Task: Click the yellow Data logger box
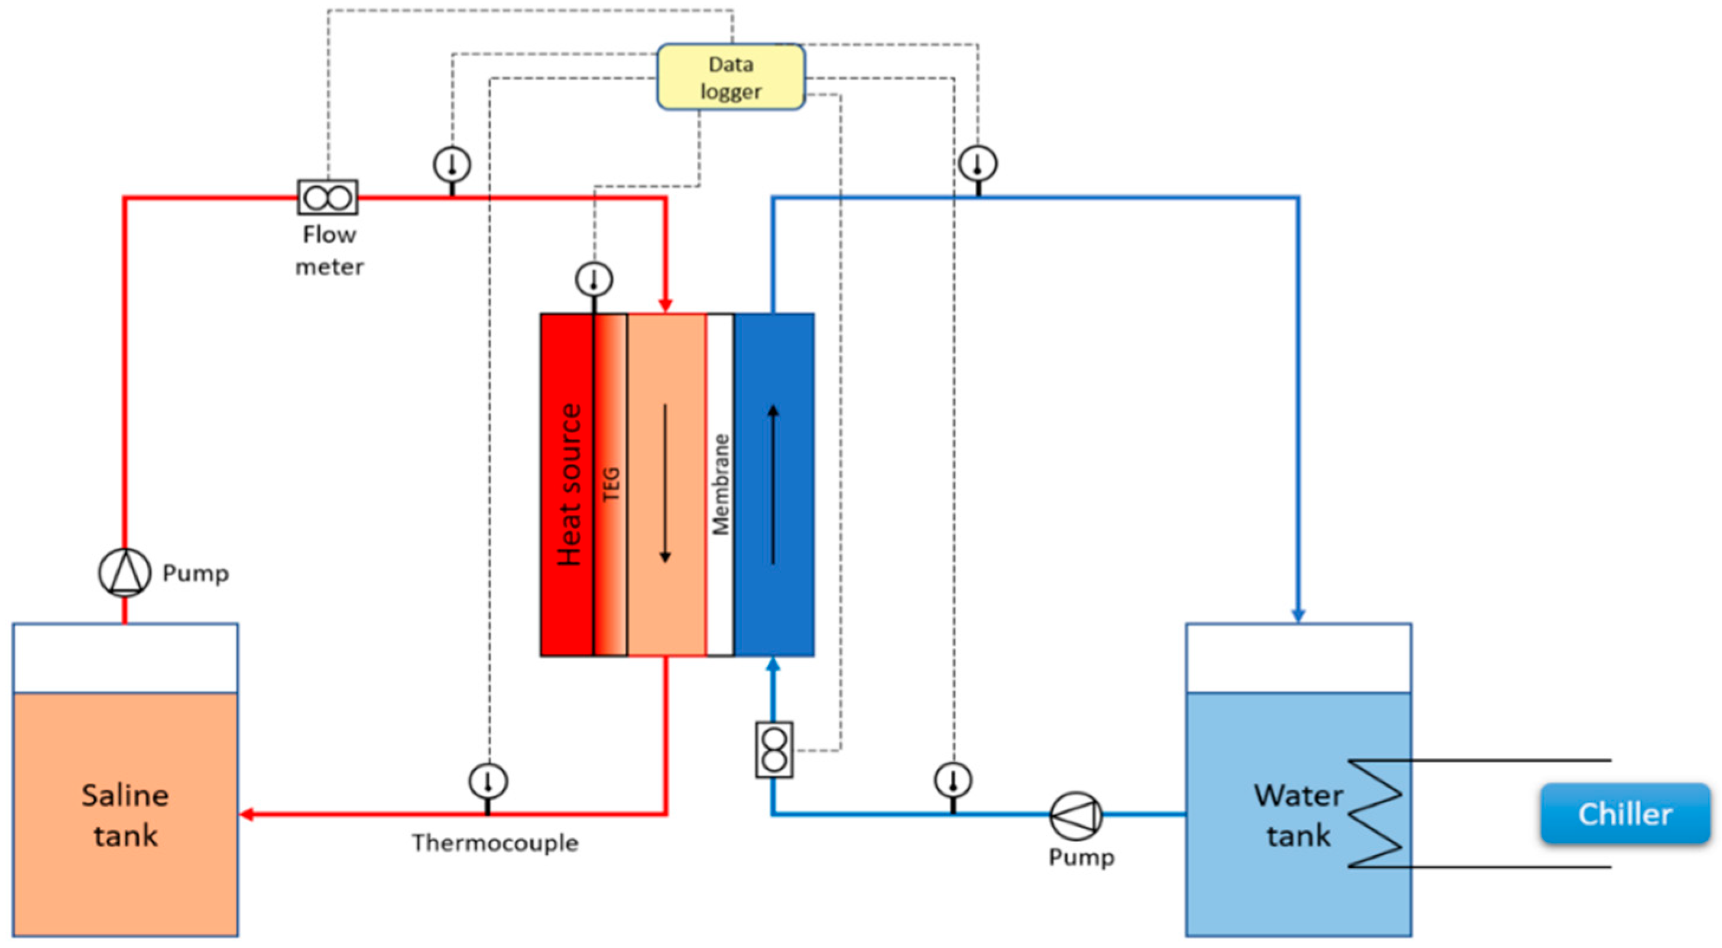tap(731, 77)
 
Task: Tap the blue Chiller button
tap(1625, 814)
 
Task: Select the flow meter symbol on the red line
tap(327, 197)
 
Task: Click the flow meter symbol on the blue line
tap(774, 749)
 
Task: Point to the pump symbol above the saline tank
tap(124, 573)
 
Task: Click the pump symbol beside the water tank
tap(1075, 815)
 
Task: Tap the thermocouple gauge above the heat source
tap(594, 280)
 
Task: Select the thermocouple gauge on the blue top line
tap(977, 164)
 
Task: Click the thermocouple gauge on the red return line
tap(488, 781)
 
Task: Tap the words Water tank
tap(1298, 815)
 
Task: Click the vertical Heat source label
tap(569, 485)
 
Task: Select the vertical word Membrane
tap(720, 485)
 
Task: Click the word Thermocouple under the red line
tap(495, 842)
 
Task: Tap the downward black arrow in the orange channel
tap(665, 483)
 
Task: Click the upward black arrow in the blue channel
tap(773, 485)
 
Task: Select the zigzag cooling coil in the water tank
tap(1374, 814)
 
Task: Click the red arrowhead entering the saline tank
tap(246, 814)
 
